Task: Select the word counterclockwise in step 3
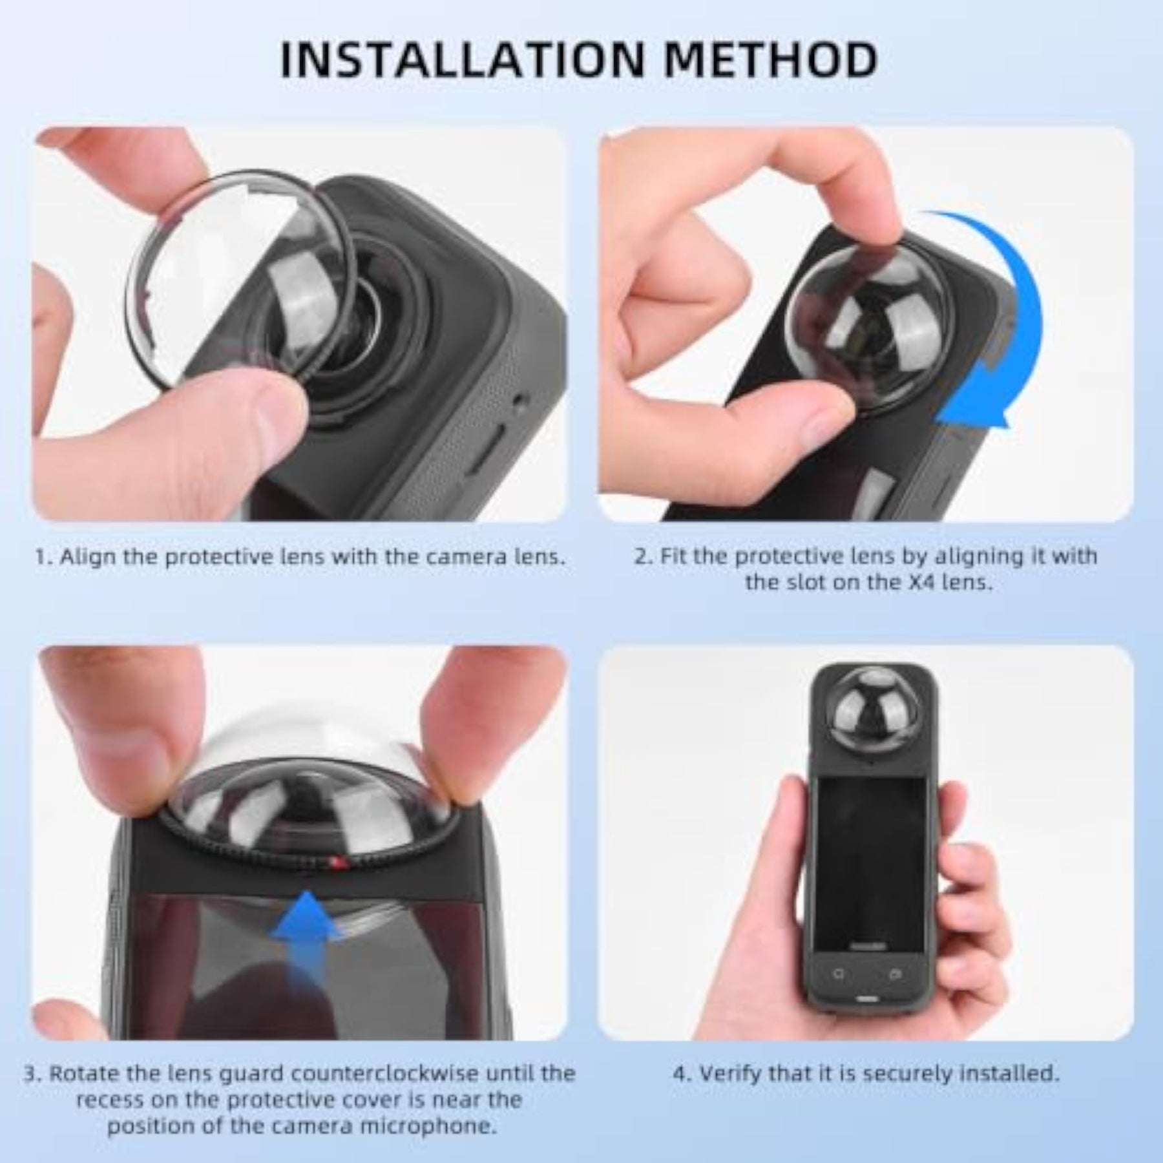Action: (x=384, y=1073)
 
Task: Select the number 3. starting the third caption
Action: (x=34, y=1074)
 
